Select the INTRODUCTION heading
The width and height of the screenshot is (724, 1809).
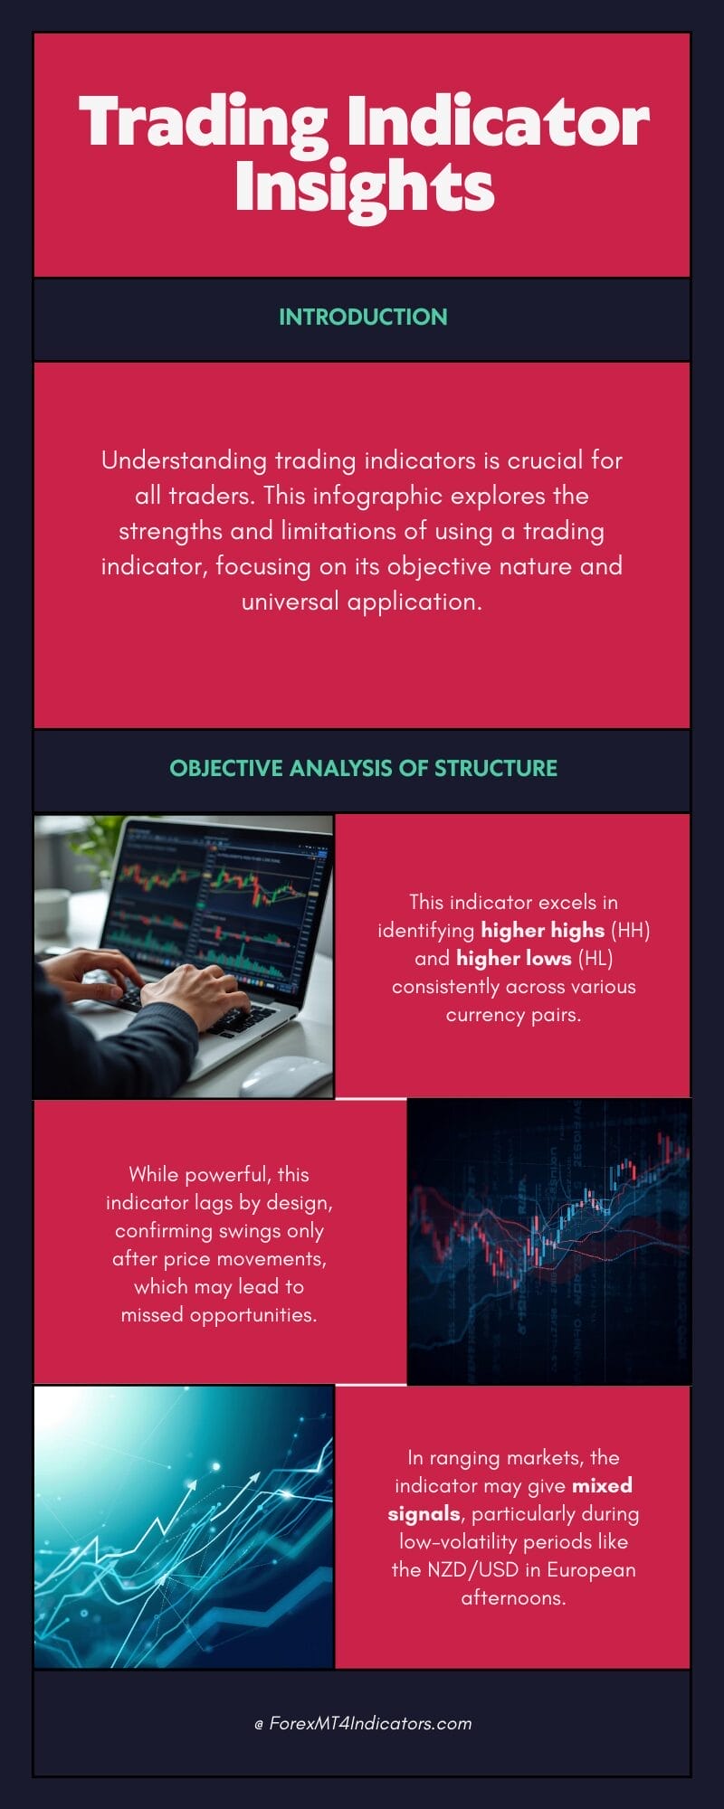pos(363,317)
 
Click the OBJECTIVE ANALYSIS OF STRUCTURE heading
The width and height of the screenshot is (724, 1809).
pos(363,768)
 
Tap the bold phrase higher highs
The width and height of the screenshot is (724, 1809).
pos(542,930)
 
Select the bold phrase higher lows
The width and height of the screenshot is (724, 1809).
pos(513,958)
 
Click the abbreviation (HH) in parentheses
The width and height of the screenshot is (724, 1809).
pos(630,930)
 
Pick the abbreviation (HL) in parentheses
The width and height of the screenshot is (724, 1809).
pos(595,958)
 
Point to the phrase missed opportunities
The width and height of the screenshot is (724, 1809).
pos(219,1315)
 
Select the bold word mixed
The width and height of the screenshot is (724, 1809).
pos(602,1485)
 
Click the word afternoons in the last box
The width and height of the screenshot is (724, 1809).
pos(513,1597)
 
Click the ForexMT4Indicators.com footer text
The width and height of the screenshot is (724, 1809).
pos(370,1723)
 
